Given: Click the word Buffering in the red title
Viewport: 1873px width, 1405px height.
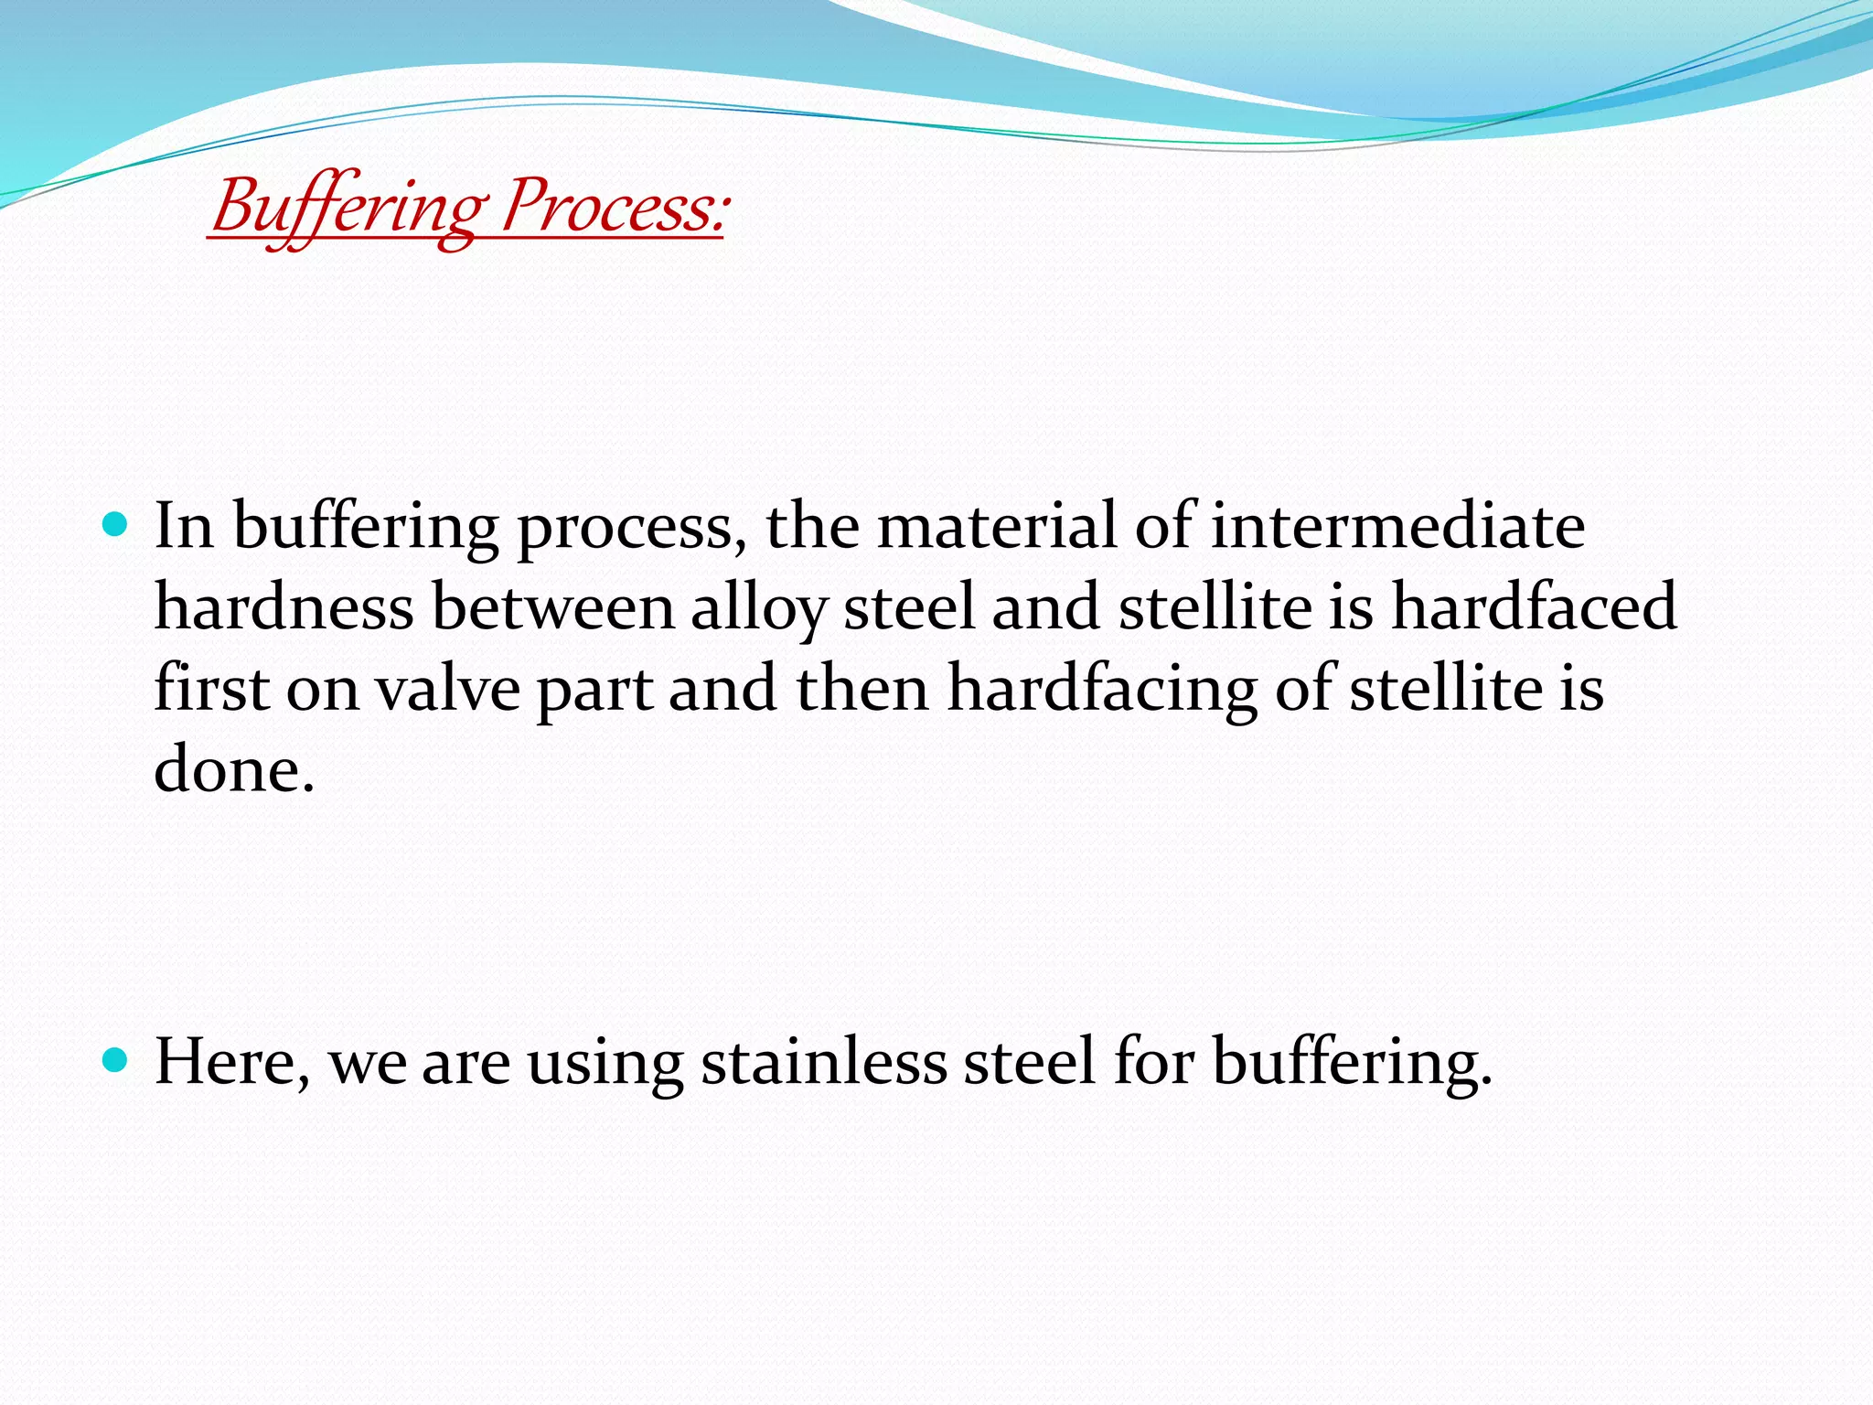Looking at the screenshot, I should click(346, 208).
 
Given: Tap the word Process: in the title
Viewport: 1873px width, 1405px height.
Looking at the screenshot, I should click(615, 208).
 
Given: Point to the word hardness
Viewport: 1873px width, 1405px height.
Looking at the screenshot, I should click(284, 606).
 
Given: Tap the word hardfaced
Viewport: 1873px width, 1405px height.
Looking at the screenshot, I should click(1534, 606).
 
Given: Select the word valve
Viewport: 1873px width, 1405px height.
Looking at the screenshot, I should click(448, 689).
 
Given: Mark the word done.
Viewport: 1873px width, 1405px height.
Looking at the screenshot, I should click(233, 769).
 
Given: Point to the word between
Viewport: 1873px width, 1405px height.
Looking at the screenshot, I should click(552, 606).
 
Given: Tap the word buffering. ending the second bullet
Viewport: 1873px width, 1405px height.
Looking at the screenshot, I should click(1353, 1062).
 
